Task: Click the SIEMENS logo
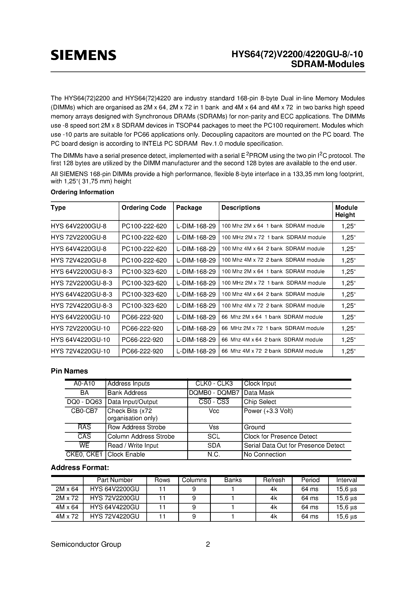[83, 55]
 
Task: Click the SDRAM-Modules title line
[328, 64]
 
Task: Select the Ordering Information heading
[82, 192]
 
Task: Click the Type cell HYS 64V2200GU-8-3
[82, 272]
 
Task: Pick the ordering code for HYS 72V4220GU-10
[142, 351]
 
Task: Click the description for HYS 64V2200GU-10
[272, 317]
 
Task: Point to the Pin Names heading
[69, 371]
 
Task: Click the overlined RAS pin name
[84, 427]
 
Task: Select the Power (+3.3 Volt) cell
[268, 411]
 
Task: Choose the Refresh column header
[274, 480]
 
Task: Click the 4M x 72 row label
[67, 516]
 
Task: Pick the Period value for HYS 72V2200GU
[310, 498]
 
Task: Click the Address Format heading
[80, 468]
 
